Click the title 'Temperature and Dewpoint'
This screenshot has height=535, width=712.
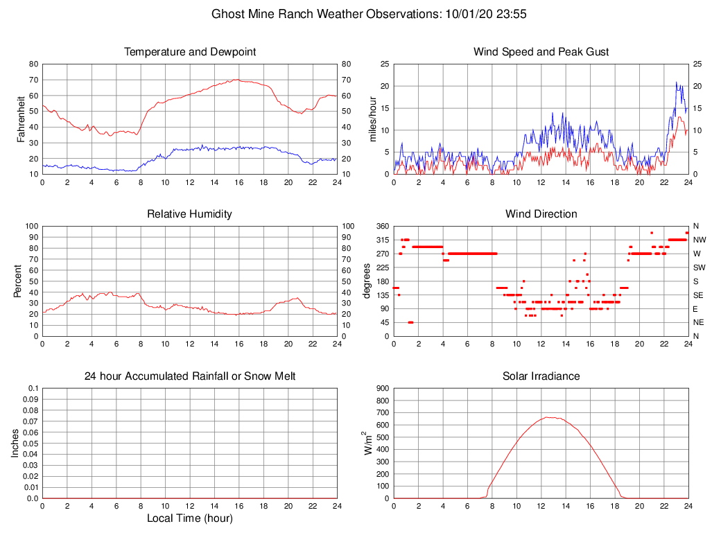[189, 52]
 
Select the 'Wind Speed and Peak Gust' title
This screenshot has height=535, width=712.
[541, 52]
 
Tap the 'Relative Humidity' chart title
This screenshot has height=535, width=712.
[189, 214]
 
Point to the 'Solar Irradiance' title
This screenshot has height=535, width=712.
[541, 376]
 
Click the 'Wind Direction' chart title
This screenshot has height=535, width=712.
[541, 214]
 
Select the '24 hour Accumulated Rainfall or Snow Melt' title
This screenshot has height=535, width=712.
[189, 376]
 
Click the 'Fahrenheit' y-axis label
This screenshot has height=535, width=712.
[22, 119]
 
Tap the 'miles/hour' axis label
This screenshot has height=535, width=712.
[374, 119]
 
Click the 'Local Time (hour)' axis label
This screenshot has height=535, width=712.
[189, 518]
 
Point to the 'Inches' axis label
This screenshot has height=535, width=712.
[16, 444]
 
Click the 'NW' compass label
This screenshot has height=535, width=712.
[699, 240]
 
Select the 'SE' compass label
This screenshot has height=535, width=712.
[698, 295]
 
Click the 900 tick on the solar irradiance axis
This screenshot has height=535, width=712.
[383, 389]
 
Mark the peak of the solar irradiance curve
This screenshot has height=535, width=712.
[547, 417]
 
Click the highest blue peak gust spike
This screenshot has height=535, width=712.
[677, 82]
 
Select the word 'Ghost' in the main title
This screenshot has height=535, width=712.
[227, 14]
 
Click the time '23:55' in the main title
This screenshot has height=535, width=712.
[512, 14]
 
